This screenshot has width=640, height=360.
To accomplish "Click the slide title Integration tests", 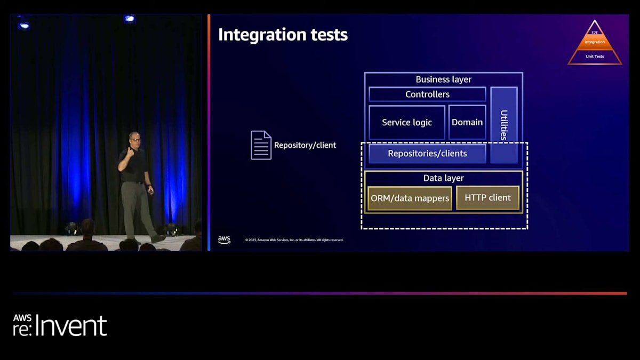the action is pos(283,35).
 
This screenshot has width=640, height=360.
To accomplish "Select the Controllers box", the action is pos(427,94).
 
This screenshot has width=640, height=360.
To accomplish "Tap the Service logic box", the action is pos(407,123).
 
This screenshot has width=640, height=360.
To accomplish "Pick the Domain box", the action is pos(467,123).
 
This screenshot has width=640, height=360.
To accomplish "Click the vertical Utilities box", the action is pos(503,125).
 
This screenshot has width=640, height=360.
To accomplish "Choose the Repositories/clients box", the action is pos(427,154).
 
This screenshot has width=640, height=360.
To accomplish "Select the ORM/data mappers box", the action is pos(410,198).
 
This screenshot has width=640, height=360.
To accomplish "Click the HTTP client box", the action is pos(487,198).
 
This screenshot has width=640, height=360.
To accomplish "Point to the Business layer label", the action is pos(443,79).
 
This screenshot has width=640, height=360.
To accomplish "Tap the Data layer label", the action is pos(443,178).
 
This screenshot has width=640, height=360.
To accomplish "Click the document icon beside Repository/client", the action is pos(261,145).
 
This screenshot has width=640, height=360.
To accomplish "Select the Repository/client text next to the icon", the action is pos(305,145).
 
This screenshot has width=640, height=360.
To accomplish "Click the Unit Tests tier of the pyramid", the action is pos(595,57).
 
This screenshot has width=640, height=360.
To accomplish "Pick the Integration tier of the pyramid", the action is pos(595,42).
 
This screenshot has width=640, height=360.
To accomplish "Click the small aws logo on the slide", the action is pos(224,240).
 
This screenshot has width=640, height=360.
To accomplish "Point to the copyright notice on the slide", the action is pos(294,240).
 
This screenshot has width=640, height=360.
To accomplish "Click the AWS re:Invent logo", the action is pos(60,325).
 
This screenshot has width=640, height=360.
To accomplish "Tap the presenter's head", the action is pos(134,138).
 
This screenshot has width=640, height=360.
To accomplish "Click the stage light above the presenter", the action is pos(129,19).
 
